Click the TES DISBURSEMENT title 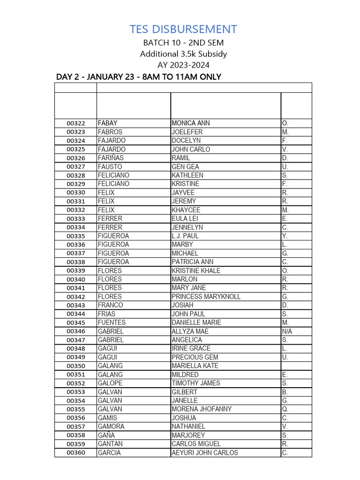click(183, 29)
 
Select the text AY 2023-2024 click(183, 65)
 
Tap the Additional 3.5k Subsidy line click(183, 54)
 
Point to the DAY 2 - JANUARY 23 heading click(138, 77)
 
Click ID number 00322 click(75, 123)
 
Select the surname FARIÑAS click(111, 158)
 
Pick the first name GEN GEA click(185, 166)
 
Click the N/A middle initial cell click(287, 331)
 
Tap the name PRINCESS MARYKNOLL click(206, 297)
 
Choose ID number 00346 click(75, 331)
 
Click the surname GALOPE click(110, 383)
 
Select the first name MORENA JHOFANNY click(202, 409)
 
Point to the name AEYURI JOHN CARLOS click(205, 453)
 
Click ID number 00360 click(75, 453)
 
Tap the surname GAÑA click(106, 435)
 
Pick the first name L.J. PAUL click(185, 236)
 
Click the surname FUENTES click(112, 322)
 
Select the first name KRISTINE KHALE click(196, 270)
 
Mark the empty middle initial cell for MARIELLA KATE click(296, 366)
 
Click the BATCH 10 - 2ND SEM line click(183, 43)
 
